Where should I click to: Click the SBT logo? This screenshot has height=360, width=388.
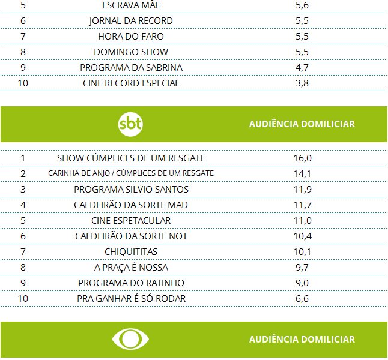131,124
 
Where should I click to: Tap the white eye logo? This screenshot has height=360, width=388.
131,339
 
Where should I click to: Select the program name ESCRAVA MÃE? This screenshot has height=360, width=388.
131,5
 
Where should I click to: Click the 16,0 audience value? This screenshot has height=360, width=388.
302,158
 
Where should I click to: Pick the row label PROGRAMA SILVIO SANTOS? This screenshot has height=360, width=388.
131,190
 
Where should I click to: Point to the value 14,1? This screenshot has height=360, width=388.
302,174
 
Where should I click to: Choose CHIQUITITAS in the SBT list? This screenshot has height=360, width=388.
131,252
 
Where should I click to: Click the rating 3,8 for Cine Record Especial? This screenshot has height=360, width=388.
302,83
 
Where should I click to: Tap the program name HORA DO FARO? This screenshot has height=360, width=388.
131,37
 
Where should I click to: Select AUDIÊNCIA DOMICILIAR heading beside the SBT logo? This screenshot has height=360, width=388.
302,124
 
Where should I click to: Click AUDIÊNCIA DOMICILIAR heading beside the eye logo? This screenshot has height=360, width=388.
302,339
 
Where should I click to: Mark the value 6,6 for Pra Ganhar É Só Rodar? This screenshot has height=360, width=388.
302,299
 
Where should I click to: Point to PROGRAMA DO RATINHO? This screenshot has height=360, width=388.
131,283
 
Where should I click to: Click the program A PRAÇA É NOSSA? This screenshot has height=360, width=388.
131,268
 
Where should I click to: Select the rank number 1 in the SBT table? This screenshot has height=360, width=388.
23,158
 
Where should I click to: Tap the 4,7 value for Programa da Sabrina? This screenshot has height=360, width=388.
302,68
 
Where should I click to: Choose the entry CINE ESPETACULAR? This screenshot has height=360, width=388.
131,221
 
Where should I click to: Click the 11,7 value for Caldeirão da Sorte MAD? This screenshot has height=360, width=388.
302,205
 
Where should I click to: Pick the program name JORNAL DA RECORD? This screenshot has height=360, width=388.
131,21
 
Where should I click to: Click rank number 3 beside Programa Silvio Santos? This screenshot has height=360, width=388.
23,190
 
